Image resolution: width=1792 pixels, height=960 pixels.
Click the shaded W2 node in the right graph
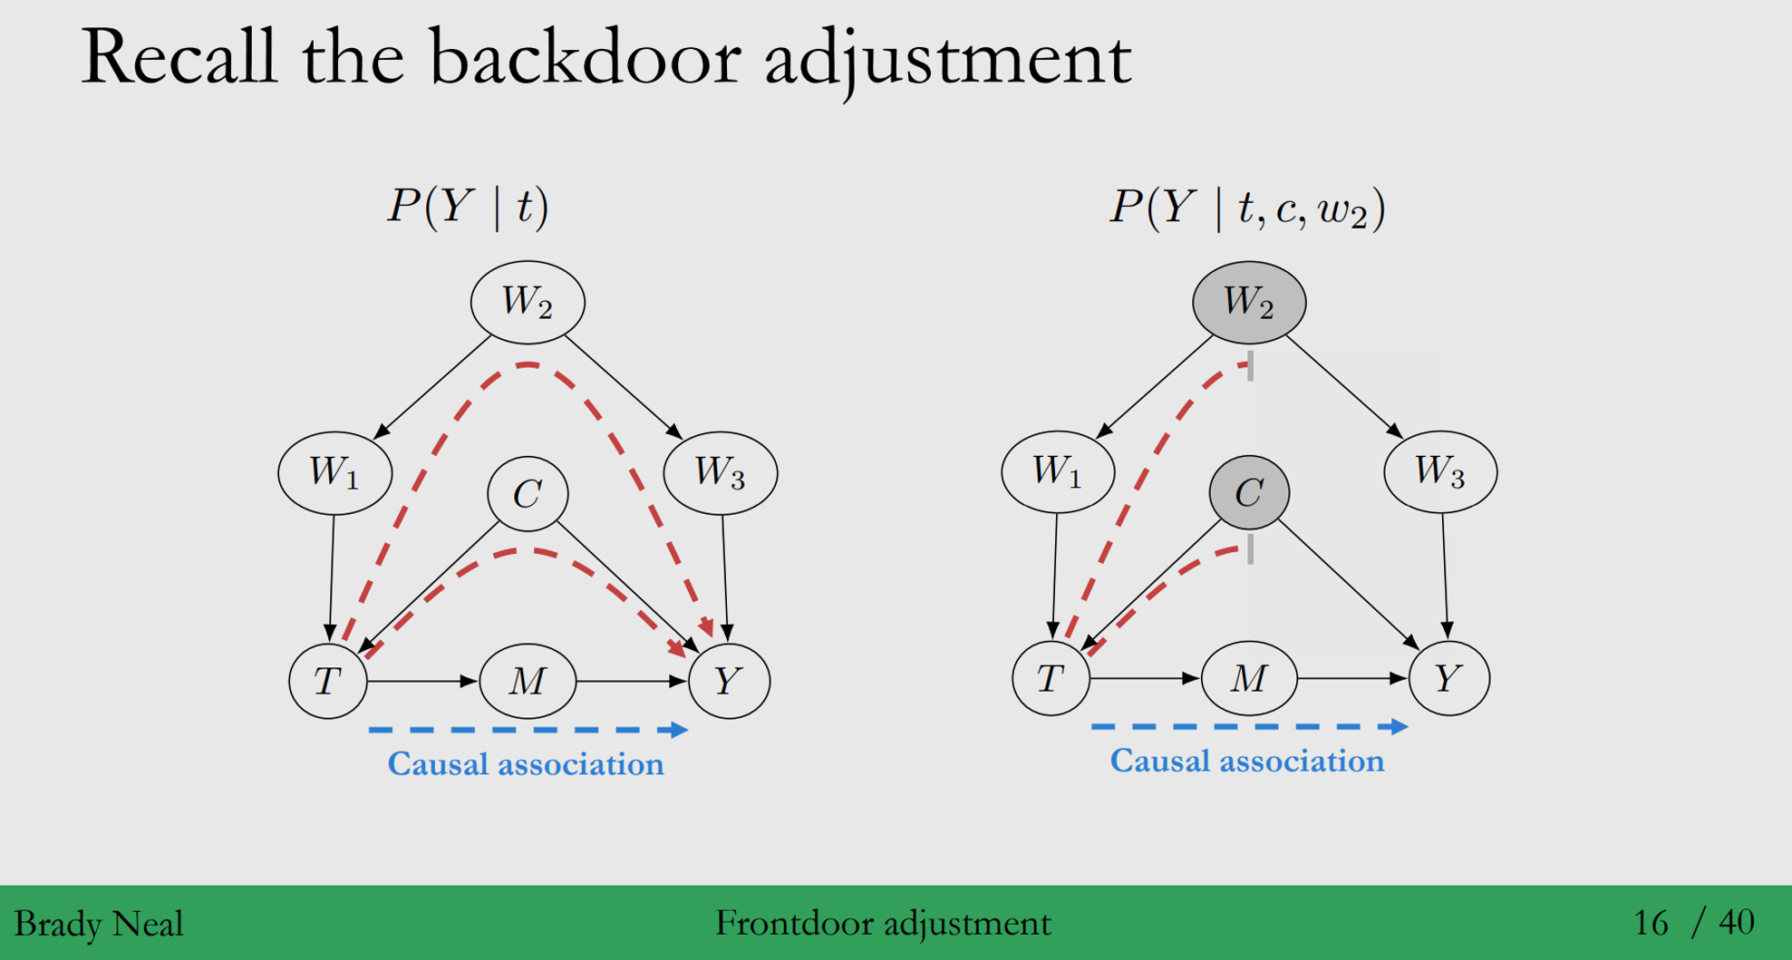1248,302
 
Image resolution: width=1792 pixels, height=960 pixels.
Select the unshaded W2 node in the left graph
528,302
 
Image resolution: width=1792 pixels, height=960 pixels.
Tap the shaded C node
1249,492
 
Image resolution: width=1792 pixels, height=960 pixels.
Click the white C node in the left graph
528,493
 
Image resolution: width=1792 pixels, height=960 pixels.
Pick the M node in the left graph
528,680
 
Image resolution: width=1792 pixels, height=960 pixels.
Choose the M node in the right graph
1248,677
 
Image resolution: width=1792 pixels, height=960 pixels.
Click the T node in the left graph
327,680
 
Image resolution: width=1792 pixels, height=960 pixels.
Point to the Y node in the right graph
1448,677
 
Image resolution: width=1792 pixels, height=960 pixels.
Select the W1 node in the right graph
1058,471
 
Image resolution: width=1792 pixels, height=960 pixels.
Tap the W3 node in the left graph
720,472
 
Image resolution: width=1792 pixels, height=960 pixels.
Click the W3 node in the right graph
1440,471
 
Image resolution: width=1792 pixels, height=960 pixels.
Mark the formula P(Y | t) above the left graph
468,207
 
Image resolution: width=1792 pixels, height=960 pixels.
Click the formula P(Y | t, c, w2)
1247,208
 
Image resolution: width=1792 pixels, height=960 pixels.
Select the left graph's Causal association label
526,764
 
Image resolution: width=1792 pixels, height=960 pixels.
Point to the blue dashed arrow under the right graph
1248,726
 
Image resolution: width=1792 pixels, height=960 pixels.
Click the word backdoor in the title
584,58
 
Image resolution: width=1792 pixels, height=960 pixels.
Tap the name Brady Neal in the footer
99,924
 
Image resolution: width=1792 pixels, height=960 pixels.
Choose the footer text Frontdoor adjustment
883,924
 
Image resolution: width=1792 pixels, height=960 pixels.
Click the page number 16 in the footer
1650,923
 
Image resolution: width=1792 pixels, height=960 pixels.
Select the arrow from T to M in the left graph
421,681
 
